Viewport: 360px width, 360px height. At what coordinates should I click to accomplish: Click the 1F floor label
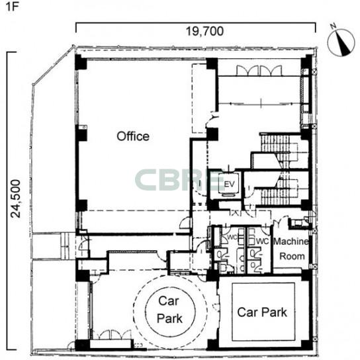(11, 7)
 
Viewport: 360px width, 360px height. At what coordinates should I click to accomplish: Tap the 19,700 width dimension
(204, 31)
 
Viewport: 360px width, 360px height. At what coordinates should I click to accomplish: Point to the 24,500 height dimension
(16, 199)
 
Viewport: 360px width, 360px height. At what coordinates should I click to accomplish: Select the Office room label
(133, 136)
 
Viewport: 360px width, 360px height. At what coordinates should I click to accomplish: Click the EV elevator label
(229, 184)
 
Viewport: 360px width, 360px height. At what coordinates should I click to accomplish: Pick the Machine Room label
(291, 249)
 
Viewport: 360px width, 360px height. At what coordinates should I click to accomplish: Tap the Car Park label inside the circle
(169, 310)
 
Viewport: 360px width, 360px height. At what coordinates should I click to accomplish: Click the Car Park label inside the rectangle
(262, 312)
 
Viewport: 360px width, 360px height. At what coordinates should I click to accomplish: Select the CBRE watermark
(180, 180)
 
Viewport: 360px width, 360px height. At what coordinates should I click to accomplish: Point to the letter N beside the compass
(334, 26)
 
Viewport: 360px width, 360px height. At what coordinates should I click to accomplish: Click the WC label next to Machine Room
(262, 241)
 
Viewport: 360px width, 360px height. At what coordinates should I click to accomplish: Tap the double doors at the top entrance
(259, 71)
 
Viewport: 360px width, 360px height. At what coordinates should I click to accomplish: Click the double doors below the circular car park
(114, 335)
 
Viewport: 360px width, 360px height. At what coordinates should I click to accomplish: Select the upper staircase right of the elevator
(279, 152)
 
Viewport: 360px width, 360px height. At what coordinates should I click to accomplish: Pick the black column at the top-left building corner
(81, 62)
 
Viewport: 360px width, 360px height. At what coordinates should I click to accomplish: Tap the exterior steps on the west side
(68, 246)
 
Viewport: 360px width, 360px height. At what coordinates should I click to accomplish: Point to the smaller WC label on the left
(232, 237)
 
